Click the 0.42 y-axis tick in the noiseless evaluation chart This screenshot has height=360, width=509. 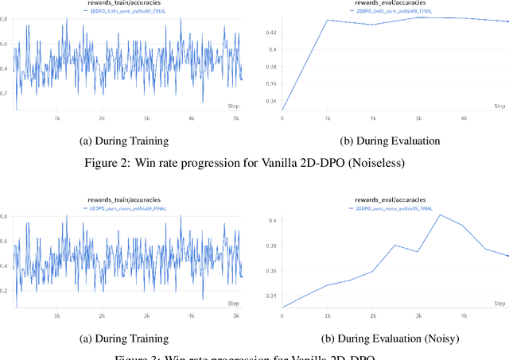271,33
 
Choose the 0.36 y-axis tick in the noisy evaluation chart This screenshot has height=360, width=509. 271,271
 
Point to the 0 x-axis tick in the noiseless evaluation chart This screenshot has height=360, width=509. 282,118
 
